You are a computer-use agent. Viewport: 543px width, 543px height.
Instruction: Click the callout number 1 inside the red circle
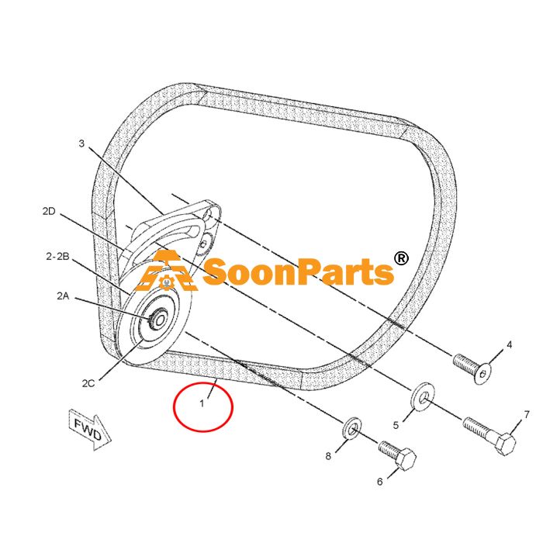click(202, 403)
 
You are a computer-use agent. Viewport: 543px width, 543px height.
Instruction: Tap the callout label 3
click(81, 144)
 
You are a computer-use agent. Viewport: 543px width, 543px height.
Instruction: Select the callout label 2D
click(49, 211)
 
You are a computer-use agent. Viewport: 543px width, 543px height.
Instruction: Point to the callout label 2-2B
click(57, 257)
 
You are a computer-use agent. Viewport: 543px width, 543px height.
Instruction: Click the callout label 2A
click(63, 296)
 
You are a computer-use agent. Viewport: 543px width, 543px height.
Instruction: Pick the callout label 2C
click(88, 383)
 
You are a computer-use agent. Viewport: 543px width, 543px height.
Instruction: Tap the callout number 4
click(510, 345)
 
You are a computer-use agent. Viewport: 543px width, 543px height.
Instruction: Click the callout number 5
click(396, 425)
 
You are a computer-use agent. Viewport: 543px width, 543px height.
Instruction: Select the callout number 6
click(380, 482)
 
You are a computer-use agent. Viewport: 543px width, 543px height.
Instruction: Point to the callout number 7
click(527, 414)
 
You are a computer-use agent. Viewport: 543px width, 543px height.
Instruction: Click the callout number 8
click(328, 456)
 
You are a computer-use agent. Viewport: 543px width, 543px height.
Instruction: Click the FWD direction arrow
click(90, 430)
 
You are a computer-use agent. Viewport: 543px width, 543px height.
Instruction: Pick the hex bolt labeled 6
click(397, 455)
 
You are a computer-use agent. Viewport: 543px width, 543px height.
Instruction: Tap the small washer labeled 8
click(352, 428)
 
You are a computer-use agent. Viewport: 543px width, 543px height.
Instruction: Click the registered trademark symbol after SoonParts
click(401, 258)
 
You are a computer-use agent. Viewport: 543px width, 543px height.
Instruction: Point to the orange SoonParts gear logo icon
click(166, 271)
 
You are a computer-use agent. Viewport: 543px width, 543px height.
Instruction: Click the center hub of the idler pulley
click(158, 320)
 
